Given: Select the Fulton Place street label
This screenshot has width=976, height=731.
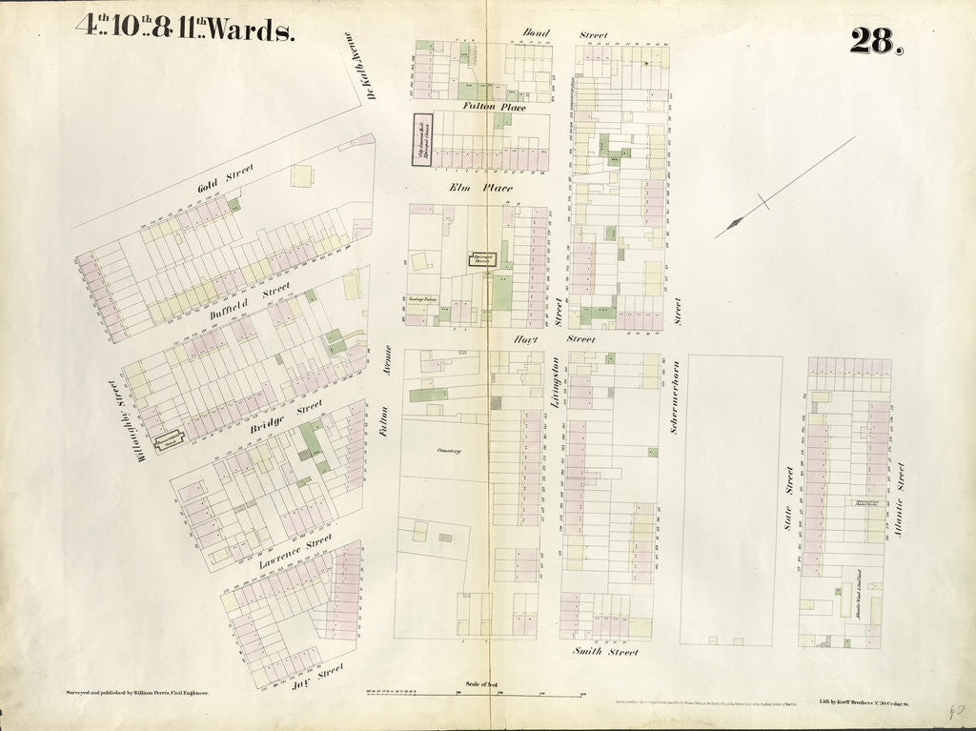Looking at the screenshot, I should coord(494,107).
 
